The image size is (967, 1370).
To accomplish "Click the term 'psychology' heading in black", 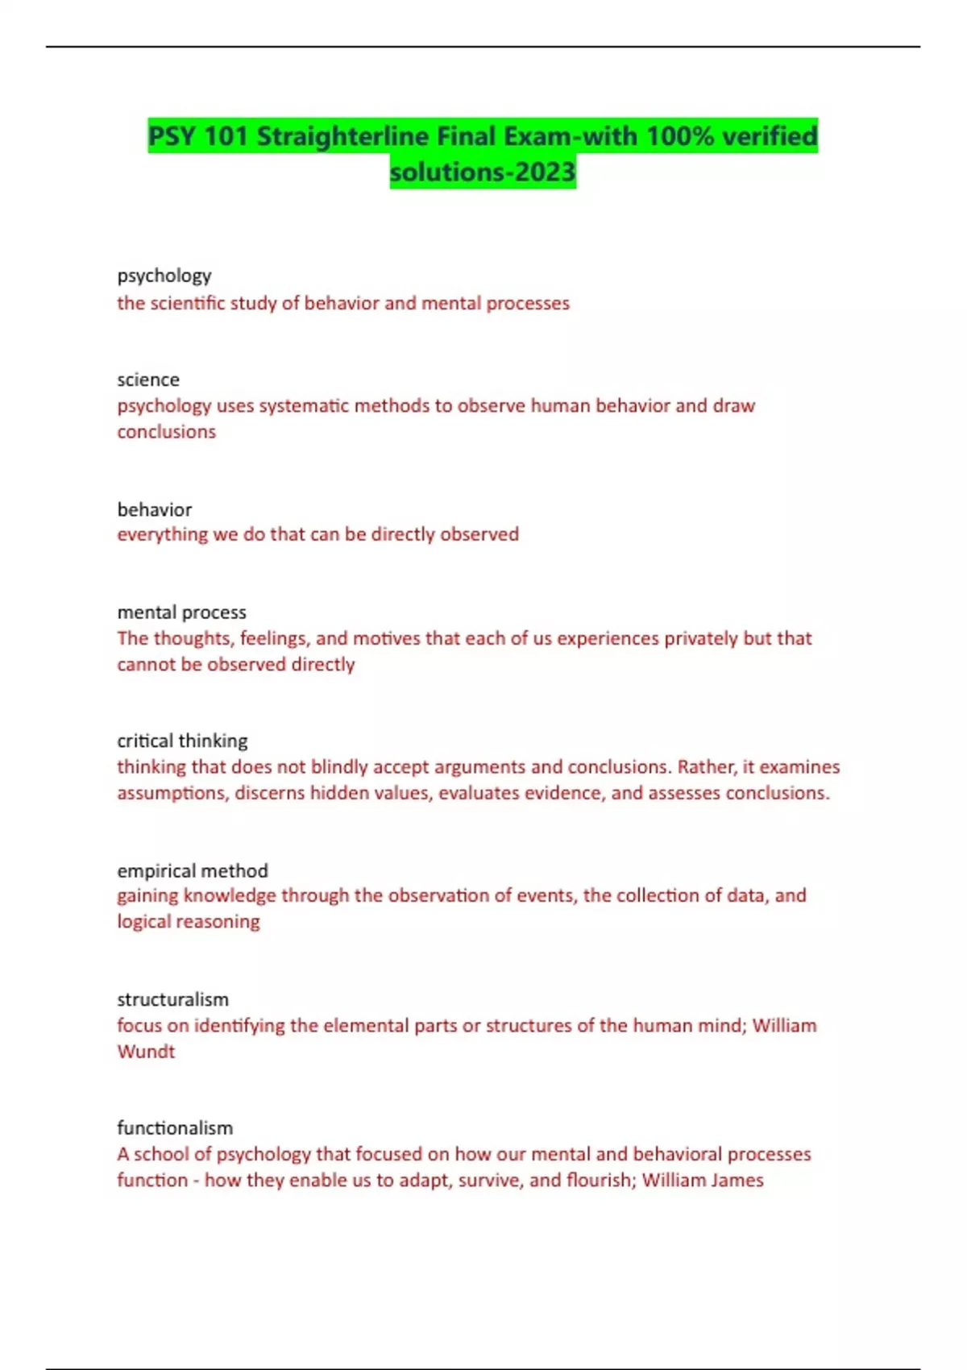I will (x=164, y=276).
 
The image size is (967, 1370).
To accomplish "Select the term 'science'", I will (x=148, y=380).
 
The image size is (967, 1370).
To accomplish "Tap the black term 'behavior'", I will (x=155, y=509).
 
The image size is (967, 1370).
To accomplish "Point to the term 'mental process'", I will (x=181, y=612).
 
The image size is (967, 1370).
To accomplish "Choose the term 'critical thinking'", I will (x=182, y=741).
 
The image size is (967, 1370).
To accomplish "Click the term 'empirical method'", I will (x=192, y=870).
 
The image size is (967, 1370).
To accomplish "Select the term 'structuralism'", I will (x=172, y=999).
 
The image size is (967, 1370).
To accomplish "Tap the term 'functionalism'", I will (x=175, y=1127).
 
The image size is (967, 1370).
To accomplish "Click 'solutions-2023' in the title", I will (x=483, y=172).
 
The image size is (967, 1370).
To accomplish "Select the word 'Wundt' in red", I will (x=146, y=1052).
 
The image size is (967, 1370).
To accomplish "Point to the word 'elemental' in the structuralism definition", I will (x=365, y=1025).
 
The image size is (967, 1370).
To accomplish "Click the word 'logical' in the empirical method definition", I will (x=146, y=922).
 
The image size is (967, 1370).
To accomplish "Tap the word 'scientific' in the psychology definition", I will (x=188, y=303).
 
